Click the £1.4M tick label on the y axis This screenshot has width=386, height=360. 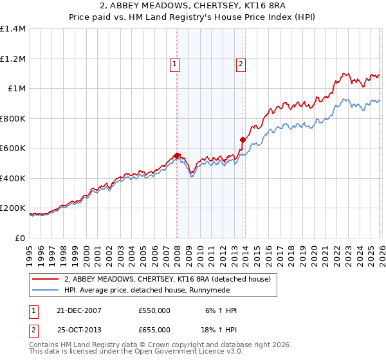[13, 29]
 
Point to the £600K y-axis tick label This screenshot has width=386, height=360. [13, 148]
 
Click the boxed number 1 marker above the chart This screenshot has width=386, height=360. [175, 64]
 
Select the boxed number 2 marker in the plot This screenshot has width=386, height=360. [241, 64]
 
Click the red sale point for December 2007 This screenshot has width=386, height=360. [176, 156]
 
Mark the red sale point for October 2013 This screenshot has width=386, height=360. [243, 139]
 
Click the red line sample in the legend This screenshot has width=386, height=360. [46, 279]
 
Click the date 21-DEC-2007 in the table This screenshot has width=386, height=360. [78, 310]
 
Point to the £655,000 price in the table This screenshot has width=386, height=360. [154, 330]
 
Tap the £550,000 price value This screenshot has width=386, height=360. [154, 310]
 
